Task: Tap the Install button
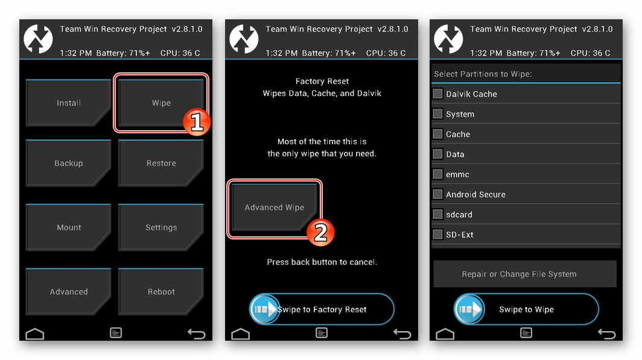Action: click(68, 103)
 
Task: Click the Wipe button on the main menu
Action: click(161, 103)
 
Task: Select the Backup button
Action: click(68, 163)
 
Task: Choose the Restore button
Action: click(161, 163)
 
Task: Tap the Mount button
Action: click(68, 227)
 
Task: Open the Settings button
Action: click(161, 227)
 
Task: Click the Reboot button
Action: click(161, 291)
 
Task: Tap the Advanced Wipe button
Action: click(275, 207)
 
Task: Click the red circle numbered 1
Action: click(197, 122)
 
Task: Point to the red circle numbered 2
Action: click(320, 232)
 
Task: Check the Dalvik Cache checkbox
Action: click(437, 93)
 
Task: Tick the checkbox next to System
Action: click(437, 114)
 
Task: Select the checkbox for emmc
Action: click(437, 174)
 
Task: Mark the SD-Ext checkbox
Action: click(437, 234)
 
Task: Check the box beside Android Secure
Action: click(437, 194)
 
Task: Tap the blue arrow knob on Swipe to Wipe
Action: click(469, 309)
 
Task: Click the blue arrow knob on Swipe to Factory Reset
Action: click(264, 309)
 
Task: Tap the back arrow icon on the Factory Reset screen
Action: click(402, 334)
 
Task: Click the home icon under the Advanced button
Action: click(35, 334)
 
